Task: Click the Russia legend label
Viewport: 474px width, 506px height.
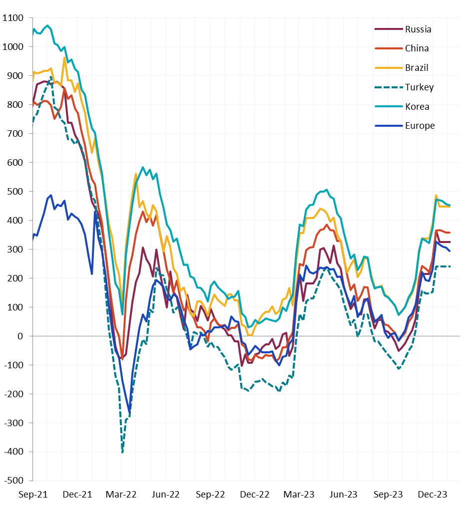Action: click(418, 29)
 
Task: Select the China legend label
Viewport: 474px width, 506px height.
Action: click(417, 48)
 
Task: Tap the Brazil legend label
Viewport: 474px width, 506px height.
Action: click(417, 68)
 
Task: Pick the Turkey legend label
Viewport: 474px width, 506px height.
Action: click(420, 87)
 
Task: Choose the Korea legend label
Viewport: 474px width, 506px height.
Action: click(417, 106)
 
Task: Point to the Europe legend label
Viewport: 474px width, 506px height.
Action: click(420, 126)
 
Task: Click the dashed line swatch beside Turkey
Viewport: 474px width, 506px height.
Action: click(388, 87)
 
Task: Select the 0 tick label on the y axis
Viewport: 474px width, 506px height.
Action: click(21, 336)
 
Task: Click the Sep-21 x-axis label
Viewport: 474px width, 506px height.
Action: click(33, 495)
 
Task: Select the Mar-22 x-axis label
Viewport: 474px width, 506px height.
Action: click(122, 495)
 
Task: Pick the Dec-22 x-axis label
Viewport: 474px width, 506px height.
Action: click(255, 495)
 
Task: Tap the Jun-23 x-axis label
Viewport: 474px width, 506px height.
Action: click(344, 495)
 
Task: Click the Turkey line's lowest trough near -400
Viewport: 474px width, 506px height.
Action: click(122, 452)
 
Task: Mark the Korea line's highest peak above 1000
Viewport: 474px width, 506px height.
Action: click(47, 25)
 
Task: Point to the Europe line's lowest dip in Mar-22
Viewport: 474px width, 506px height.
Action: click(130, 412)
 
